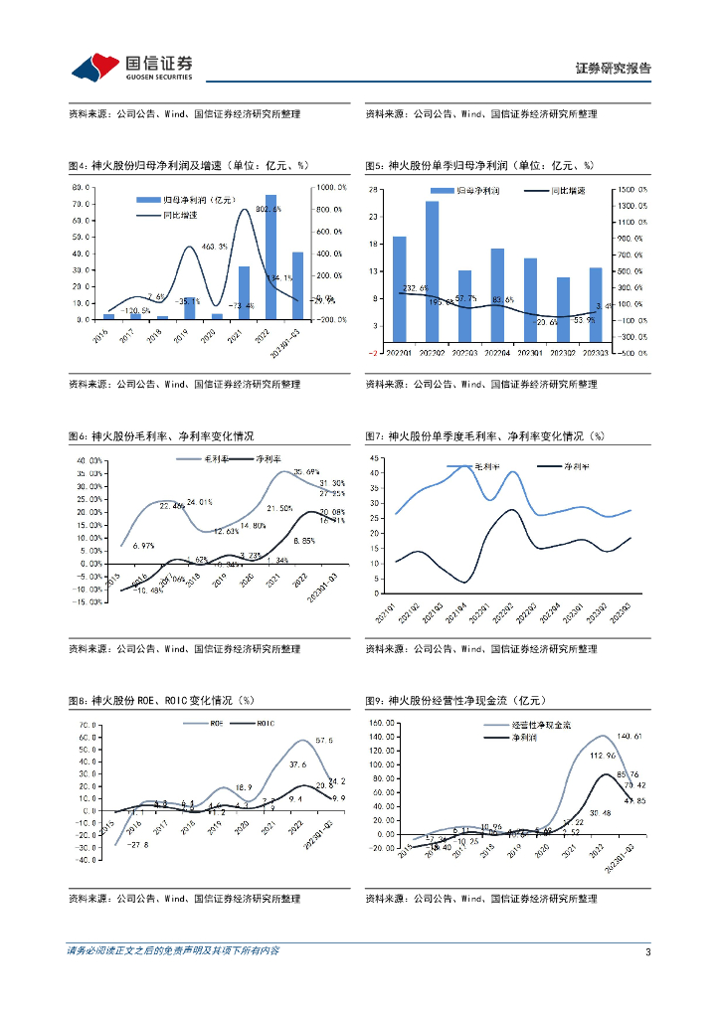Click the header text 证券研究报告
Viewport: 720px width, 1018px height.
(614, 69)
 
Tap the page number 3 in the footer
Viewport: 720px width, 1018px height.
(647, 951)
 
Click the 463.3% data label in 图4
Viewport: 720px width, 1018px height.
(215, 246)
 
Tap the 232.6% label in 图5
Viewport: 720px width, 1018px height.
(416, 288)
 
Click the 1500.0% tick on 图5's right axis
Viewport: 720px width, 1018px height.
(631, 189)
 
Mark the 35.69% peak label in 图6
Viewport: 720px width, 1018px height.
(305, 472)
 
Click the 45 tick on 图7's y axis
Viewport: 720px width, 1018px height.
(375, 458)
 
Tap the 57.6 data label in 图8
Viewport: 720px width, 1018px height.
(323, 741)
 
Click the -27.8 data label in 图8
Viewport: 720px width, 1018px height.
(138, 844)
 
